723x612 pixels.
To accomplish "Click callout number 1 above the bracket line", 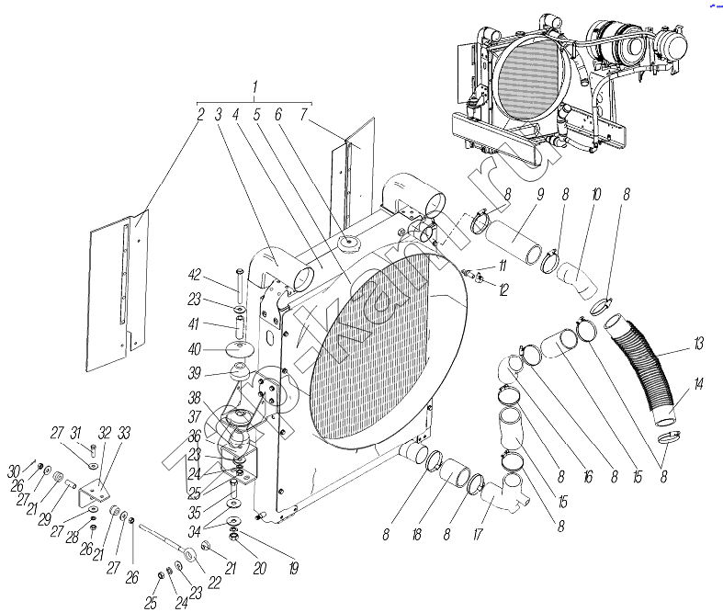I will pyautogui.click(x=254, y=85).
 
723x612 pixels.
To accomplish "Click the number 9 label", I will pyautogui.click(x=540, y=194).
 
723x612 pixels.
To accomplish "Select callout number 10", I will pyautogui.click(x=595, y=194).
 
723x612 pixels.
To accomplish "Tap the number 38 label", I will pyautogui.click(x=193, y=399).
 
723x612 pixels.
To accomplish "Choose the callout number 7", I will pyautogui.click(x=303, y=114).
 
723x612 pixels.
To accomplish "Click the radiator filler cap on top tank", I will pyautogui.click(x=348, y=244).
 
